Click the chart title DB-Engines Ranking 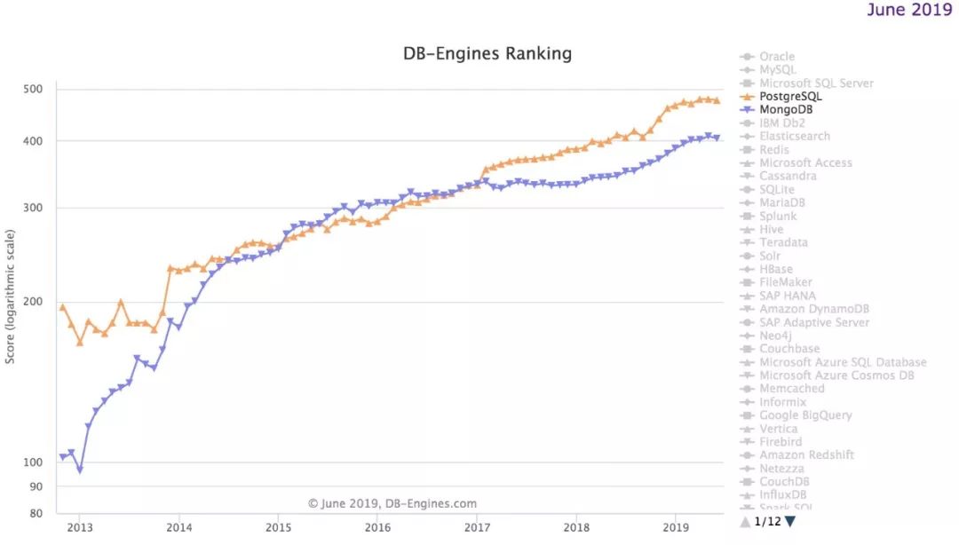pos(487,53)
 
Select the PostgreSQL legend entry pos(790,96)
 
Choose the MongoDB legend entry pos(786,109)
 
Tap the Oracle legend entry pos(777,57)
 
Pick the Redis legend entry pos(774,149)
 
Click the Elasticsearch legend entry pos(795,136)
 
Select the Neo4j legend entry pos(775,336)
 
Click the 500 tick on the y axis pos(33,89)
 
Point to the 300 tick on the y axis pos(33,209)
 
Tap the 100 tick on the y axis pos(33,462)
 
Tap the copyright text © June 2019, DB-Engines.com pos(392,503)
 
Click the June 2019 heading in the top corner pos(907,10)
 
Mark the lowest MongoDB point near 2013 pos(79,470)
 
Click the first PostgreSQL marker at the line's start pos(62,307)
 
